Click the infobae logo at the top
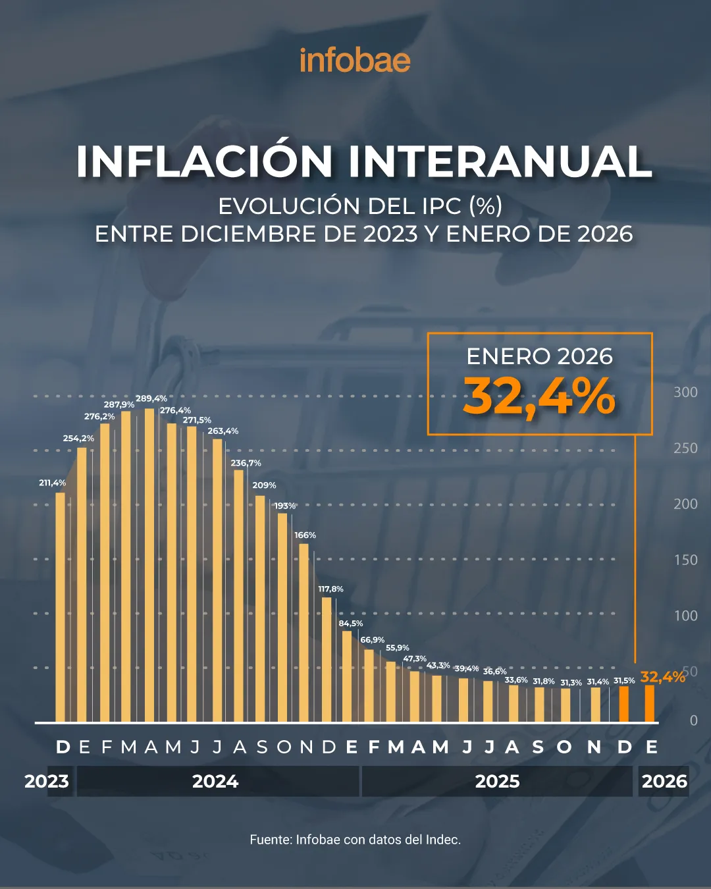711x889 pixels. point(355,61)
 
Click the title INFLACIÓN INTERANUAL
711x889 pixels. point(363,161)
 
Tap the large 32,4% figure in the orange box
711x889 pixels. point(539,397)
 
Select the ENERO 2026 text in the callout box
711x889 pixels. point(539,356)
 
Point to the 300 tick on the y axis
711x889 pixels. point(685,392)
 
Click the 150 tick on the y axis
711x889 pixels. point(685,560)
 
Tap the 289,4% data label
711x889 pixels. point(151,398)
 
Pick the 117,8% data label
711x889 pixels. point(330,589)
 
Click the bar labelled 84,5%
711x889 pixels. point(347,676)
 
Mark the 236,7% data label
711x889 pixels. point(246,463)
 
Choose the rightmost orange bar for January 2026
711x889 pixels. point(650,703)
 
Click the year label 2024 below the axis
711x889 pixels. point(215,782)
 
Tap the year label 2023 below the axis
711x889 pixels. point(47,782)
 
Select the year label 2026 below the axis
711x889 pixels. point(664,782)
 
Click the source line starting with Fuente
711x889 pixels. point(355,840)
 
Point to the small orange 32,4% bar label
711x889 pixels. point(662,677)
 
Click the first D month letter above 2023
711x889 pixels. point(63,747)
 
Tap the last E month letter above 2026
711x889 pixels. point(651,747)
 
